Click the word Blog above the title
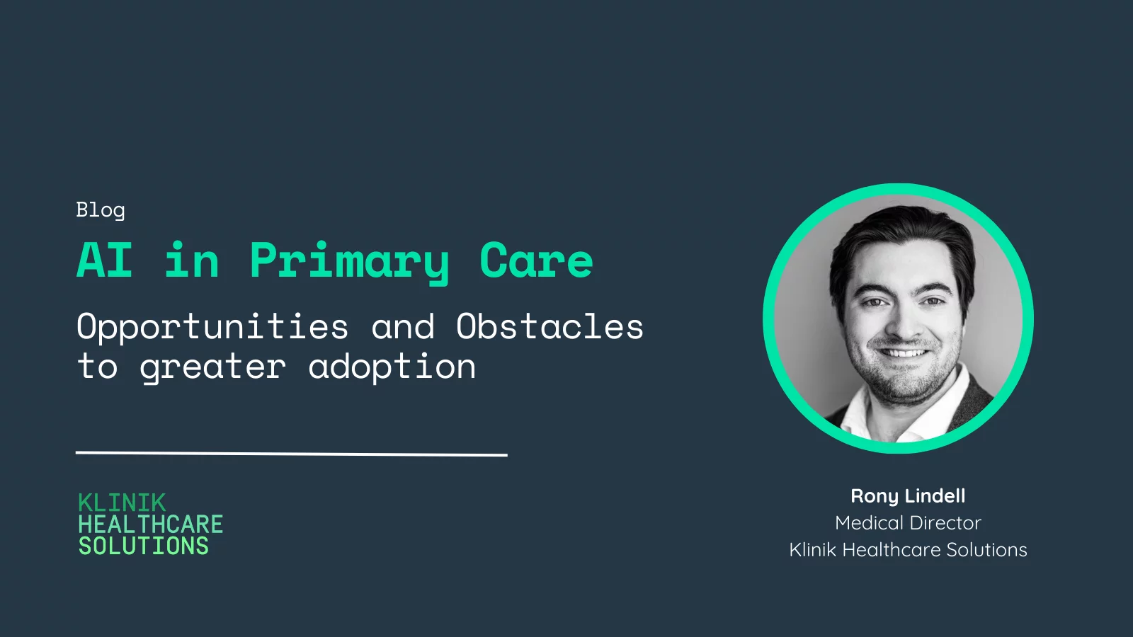coord(100,210)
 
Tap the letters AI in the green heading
coord(105,260)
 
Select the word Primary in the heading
coord(350,263)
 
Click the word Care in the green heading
coord(536,260)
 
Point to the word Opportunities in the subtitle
coord(212,328)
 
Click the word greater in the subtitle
coord(213,368)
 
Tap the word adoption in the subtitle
coord(392,367)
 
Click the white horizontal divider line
coord(291,454)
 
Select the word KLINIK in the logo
coord(122,503)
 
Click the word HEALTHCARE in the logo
coord(151,524)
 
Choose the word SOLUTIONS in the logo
coord(144,546)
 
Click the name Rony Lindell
coord(908,496)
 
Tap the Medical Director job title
coord(908,523)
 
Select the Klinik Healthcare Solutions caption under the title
coord(908,549)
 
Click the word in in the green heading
coord(192,260)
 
